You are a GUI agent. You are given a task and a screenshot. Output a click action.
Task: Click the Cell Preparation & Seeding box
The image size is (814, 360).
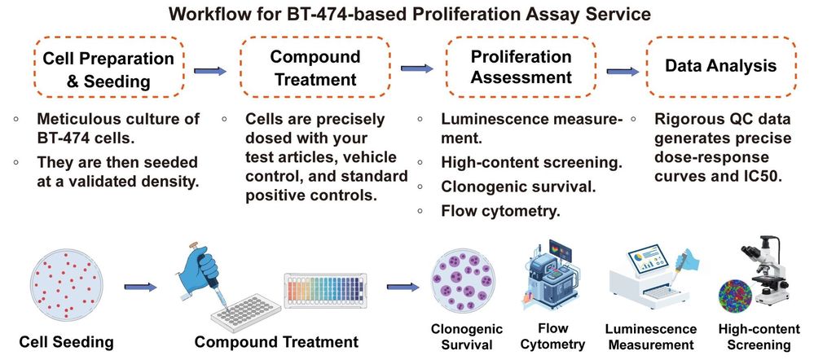pyautogui.click(x=108, y=69)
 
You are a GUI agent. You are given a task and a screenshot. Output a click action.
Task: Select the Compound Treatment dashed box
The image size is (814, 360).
pyautogui.click(x=315, y=69)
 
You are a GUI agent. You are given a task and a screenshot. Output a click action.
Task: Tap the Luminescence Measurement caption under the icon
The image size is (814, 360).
pyautogui.click(x=650, y=336)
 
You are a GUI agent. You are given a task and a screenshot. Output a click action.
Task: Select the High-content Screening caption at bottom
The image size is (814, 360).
pyautogui.click(x=755, y=337)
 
